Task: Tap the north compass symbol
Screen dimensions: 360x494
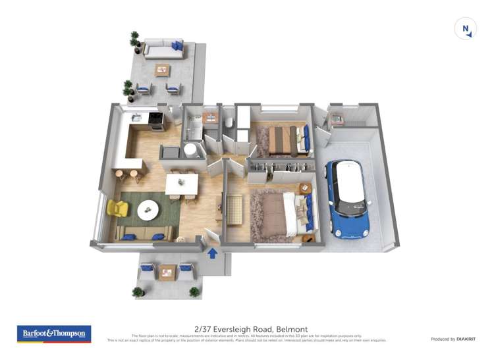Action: [466, 28]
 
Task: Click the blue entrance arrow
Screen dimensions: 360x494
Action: [213, 253]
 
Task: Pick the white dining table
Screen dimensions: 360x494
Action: [182, 183]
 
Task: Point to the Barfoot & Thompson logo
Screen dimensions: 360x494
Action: [54, 334]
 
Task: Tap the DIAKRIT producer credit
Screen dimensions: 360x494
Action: [463, 339]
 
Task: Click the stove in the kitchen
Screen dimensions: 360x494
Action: [157, 119]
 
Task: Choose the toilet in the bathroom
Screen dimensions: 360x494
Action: [227, 123]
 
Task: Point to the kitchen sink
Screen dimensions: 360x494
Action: [136, 118]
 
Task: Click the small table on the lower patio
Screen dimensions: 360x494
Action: [168, 271]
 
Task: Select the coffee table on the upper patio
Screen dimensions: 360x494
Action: [161, 69]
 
